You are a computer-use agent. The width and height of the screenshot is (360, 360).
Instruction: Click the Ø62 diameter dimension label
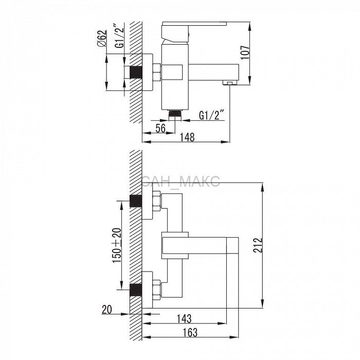102,38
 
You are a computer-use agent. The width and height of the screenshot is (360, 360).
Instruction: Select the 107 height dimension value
245,52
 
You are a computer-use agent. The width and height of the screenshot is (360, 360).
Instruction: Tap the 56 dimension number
160,128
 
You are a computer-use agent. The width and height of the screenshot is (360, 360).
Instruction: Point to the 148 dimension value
187,137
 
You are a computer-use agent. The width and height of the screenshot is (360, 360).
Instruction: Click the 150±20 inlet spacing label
117,245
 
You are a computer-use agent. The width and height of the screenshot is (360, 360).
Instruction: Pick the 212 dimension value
258,245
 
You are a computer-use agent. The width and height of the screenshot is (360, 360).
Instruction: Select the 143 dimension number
184,318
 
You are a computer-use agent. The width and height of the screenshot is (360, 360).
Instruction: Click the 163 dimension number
190,332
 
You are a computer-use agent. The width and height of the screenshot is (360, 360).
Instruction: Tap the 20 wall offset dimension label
107,309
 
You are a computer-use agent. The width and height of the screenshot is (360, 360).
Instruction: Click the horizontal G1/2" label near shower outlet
211,115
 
